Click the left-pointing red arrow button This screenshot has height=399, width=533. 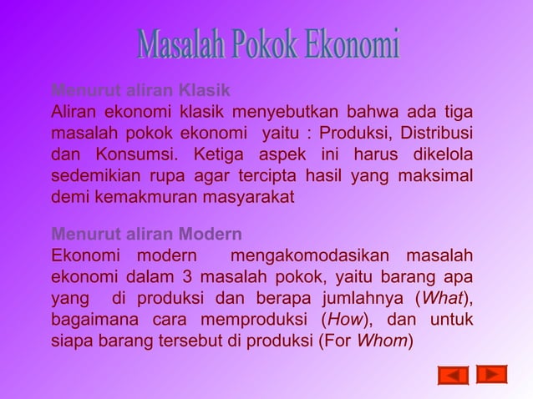[453, 375]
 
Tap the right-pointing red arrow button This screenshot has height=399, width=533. [492, 373]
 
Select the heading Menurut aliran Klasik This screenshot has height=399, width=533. [140, 90]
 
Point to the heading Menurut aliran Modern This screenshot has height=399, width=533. [146, 233]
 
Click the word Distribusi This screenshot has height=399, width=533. [436, 134]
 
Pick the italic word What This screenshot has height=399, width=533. [439, 298]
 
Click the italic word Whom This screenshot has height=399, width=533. [382, 341]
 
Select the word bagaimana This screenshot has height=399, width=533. [94, 320]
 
